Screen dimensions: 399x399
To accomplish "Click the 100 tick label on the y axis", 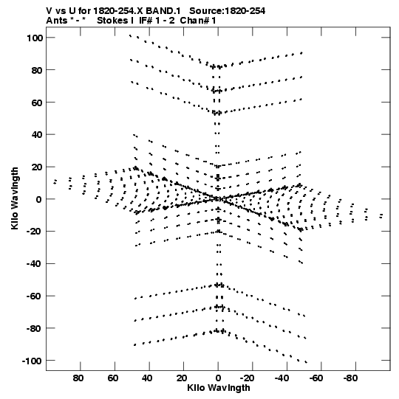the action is tap(35, 38).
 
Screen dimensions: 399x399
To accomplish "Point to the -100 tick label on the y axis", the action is tap(32, 361).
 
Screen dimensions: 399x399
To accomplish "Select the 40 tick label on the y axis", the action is tap(37, 135).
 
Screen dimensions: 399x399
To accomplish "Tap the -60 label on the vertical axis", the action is tap(35, 296).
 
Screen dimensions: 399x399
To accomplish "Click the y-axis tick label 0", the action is tap(38, 199).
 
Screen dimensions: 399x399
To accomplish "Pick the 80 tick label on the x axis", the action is tap(78, 378).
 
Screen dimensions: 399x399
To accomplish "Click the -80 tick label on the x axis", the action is tap(350, 378).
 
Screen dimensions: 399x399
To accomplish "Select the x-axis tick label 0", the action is tap(218, 378).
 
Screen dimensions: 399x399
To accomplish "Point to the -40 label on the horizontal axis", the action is tap(282, 378).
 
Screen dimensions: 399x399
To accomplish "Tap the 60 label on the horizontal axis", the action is tap(113, 378).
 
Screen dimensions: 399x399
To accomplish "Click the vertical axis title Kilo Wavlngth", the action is tap(15, 198).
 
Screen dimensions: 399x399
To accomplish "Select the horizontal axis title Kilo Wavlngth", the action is tap(219, 388).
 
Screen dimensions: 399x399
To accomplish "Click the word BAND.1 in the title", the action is tap(163, 11).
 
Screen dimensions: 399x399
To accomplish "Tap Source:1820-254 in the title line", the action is tap(227, 11).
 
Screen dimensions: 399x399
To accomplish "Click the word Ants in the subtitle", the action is tap(57, 21).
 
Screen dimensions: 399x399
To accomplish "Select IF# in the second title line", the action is tap(146, 21).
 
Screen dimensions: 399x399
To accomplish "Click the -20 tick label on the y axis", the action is tap(35, 232).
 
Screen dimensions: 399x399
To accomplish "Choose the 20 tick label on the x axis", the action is tap(182, 378).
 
